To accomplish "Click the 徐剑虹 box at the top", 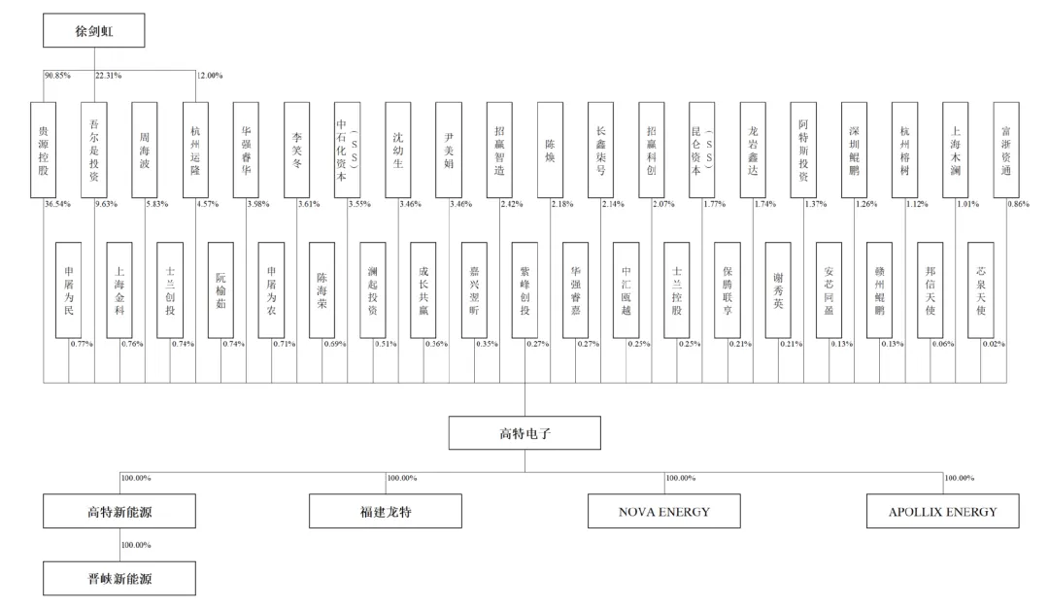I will pos(94,30).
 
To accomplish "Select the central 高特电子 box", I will pos(524,433).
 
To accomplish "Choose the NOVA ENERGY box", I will pos(664,511).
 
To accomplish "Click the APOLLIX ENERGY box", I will pos(942,511).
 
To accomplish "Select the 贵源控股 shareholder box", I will pos(44,150).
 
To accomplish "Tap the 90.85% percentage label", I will pos(56,76).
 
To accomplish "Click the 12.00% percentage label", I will pos(210,76).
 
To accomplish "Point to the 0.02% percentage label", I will pos(994,344).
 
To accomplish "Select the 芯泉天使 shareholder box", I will pos(981,289).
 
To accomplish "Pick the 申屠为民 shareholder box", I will pos(69,289).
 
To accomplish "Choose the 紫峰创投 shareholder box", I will pos(524,289).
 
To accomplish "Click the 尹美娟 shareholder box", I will pos(449,150).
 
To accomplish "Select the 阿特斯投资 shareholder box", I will pos(803,150).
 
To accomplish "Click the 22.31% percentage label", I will pos(108,76).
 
